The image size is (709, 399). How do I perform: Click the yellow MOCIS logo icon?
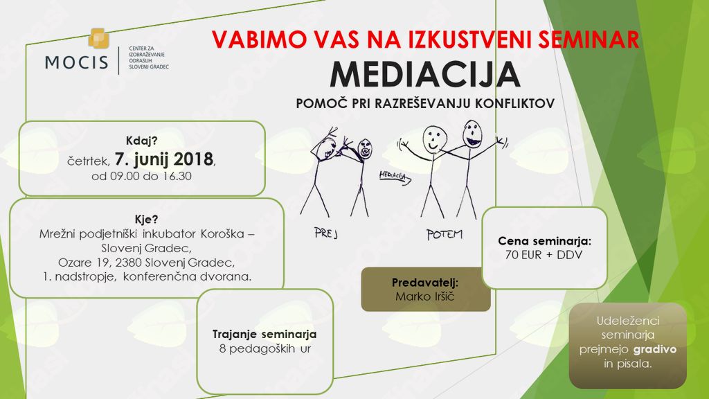click(x=98, y=39)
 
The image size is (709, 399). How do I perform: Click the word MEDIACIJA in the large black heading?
click(x=425, y=75)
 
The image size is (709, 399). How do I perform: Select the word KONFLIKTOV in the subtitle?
click(x=514, y=104)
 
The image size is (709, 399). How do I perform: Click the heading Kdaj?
click(x=141, y=141)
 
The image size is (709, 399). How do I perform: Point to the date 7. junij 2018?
click(x=163, y=159)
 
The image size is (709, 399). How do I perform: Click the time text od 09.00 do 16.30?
click(x=141, y=176)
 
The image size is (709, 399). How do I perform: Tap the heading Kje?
click(x=147, y=220)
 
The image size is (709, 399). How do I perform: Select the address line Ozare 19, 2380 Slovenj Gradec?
click(x=146, y=263)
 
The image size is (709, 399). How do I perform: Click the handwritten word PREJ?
click(x=325, y=233)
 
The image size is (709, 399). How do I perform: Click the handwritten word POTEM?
click(x=445, y=234)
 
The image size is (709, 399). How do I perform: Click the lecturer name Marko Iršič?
click(x=425, y=296)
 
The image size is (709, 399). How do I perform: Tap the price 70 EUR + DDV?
click(x=544, y=255)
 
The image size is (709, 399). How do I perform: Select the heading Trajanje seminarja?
click(x=264, y=335)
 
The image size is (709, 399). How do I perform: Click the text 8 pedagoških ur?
click(x=265, y=349)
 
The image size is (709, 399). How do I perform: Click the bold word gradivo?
click(x=655, y=349)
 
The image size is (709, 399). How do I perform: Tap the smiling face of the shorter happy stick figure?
click(x=435, y=139)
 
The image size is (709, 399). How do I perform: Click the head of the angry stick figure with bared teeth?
click(x=365, y=148)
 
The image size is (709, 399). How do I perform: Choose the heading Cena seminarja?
click(x=544, y=241)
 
